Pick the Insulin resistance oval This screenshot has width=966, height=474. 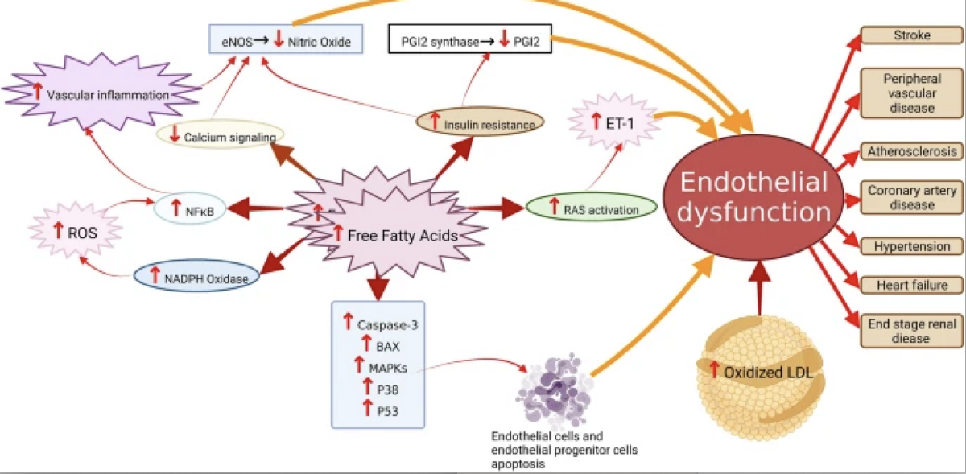(x=481, y=124)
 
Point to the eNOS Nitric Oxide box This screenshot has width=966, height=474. (x=285, y=41)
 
